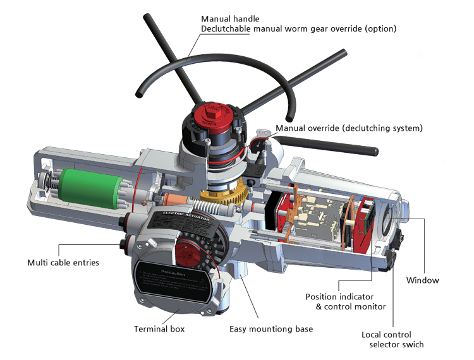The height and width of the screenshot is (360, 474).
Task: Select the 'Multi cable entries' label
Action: (63, 262)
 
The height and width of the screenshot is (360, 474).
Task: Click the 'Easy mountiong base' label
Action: (271, 329)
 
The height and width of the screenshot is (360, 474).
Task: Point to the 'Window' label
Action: (422, 280)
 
